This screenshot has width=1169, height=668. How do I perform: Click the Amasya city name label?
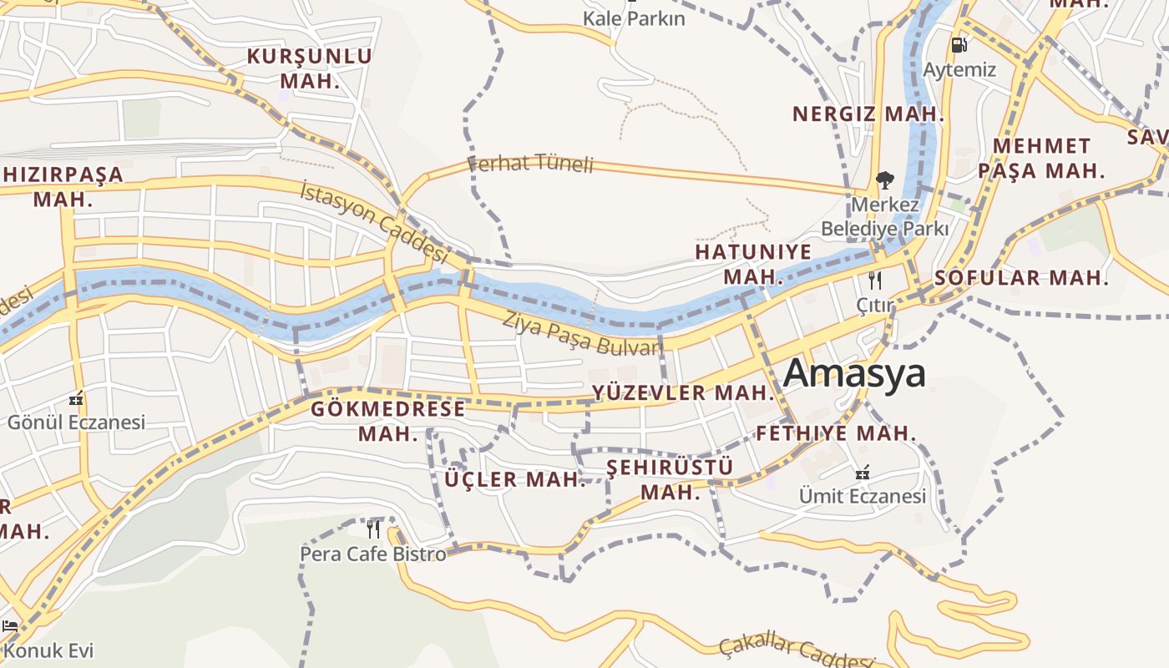pos(854,373)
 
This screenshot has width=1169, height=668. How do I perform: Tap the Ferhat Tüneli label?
pos(530,163)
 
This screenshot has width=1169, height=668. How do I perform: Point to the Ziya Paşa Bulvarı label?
pos(583,334)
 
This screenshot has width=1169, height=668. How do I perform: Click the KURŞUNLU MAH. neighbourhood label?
pos(310,68)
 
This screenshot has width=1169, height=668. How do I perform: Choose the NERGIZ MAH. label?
pos(868,114)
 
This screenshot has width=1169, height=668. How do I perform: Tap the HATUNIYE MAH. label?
pos(753,264)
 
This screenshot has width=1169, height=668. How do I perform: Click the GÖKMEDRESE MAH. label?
pos(387,421)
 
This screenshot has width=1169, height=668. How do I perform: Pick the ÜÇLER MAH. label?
pos(515,479)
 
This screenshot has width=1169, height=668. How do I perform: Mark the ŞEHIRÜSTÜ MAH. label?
pos(670,478)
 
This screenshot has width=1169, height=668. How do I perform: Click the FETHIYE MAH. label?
pos(836,433)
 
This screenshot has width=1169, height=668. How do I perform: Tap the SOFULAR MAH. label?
pos(1022,278)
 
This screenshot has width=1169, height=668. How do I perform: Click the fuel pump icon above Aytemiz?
pos(959,45)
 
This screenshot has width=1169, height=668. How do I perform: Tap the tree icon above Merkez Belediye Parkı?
pos(884,180)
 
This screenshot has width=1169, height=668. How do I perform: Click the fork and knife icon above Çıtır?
pos(875,280)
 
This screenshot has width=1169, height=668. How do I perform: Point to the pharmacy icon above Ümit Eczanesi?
pos(863,473)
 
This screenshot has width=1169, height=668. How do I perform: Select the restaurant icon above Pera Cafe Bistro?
pos(373,529)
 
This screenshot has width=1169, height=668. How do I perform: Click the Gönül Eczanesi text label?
pos(76,422)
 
